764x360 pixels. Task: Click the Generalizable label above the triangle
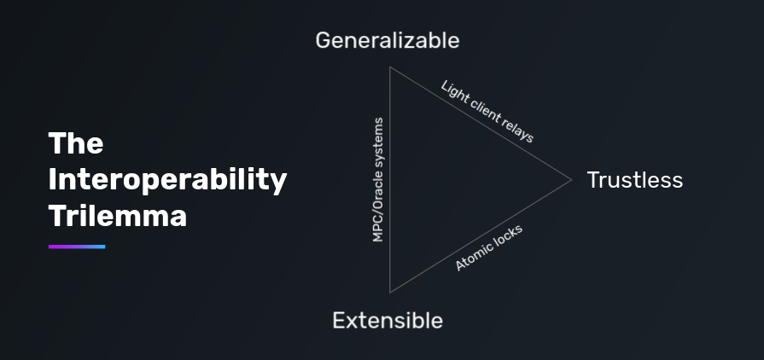coord(387,40)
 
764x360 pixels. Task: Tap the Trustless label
coord(634,180)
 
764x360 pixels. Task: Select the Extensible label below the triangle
coord(388,321)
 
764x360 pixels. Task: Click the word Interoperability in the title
coord(168,180)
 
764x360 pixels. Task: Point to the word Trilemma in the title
coord(118,216)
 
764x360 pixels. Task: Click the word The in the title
coord(76,143)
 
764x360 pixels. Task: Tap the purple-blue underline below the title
coord(77,247)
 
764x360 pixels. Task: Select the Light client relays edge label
coord(487,111)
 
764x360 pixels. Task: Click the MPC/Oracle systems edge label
coord(378,180)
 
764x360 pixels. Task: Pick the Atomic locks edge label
coord(488,248)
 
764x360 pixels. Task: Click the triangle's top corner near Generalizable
coord(390,67)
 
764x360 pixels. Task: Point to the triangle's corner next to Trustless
coord(571,179)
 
